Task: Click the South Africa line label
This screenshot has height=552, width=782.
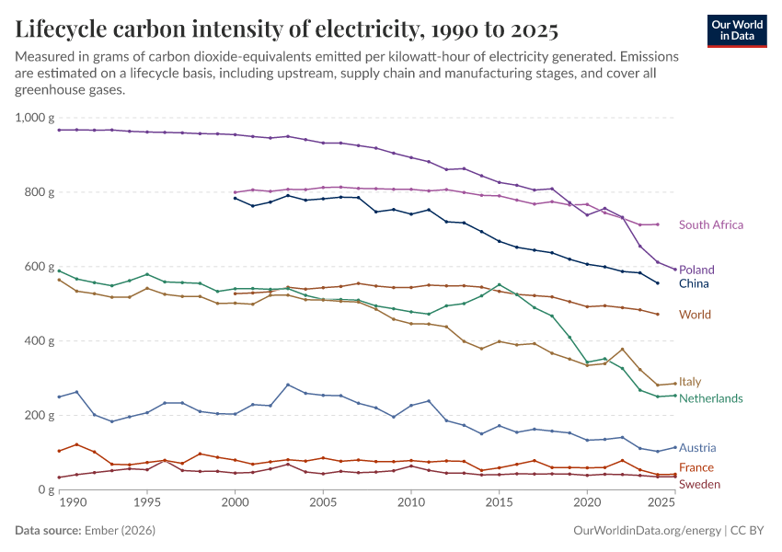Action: [x=711, y=224]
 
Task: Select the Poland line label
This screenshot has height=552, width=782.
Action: [x=696, y=270]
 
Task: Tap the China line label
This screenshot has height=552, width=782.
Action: [x=694, y=284]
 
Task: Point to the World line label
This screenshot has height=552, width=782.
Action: [x=695, y=315]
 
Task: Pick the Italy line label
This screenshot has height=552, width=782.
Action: [x=691, y=382]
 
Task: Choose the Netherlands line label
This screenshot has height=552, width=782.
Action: [x=710, y=398]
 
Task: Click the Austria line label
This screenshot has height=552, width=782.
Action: [x=697, y=448]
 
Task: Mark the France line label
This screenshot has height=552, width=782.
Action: [x=696, y=467]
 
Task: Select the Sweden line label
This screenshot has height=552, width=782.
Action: [x=699, y=484]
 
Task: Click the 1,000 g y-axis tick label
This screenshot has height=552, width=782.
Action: [x=35, y=118]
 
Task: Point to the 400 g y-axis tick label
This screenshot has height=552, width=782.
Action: [x=41, y=340]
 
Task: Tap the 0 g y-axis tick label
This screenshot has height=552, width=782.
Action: [x=47, y=489]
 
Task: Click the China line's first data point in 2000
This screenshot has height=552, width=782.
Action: [x=236, y=198]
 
